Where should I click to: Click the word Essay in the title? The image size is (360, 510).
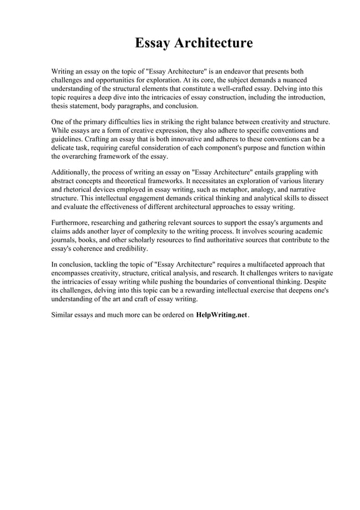(x=152, y=43)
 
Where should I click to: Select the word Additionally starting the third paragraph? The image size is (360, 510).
(x=72, y=172)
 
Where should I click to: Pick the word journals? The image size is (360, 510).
(x=64, y=239)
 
